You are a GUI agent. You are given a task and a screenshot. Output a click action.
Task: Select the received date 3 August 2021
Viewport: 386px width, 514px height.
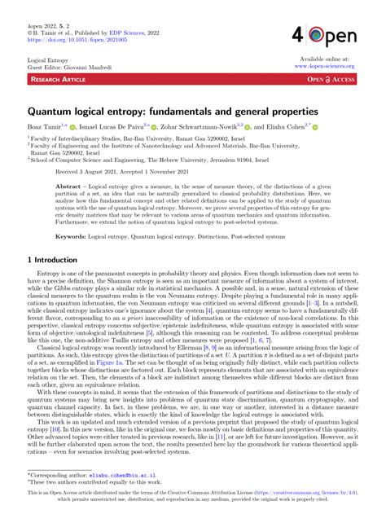99,172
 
